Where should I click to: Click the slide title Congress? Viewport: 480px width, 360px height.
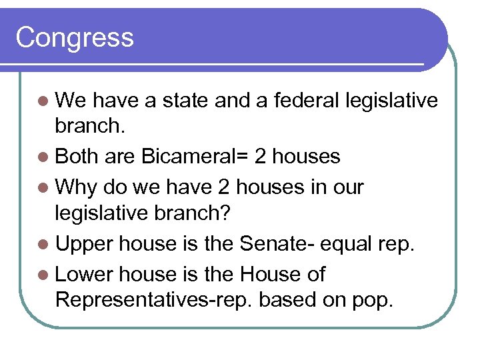pyautogui.click(x=75, y=37)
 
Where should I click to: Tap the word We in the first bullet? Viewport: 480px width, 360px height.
pyautogui.click(x=71, y=100)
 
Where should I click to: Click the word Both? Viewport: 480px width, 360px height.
pyautogui.click(x=77, y=157)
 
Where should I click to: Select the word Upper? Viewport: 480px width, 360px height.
pyautogui.click(x=84, y=243)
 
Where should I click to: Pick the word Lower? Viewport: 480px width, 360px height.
pyautogui.click(x=84, y=273)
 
